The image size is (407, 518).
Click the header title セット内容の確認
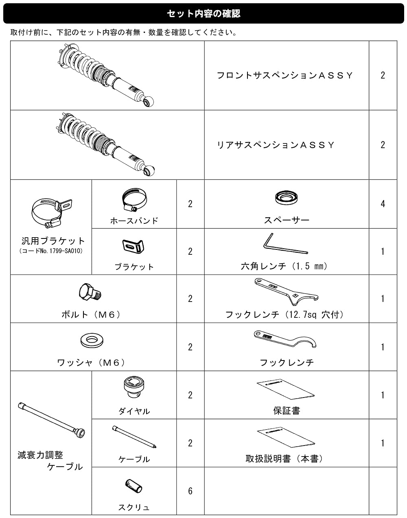point(203,13)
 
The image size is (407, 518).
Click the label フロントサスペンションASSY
point(284,75)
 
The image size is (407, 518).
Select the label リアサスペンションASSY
point(276,145)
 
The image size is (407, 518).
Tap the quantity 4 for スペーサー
point(383,203)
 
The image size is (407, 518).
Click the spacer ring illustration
point(287,197)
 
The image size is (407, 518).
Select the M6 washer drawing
point(92,340)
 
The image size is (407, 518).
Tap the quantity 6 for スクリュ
point(190,491)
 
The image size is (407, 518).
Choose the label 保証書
point(287,411)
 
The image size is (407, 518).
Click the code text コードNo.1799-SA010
point(51,251)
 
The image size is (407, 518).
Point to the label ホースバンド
point(134,221)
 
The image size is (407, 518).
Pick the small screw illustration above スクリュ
point(133,486)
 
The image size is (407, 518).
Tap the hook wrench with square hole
point(286,291)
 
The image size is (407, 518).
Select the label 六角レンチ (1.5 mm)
point(284,266)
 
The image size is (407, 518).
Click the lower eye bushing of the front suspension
point(148,101)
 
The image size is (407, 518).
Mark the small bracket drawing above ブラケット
point(133,247)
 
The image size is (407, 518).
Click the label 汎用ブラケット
point(53,241)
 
